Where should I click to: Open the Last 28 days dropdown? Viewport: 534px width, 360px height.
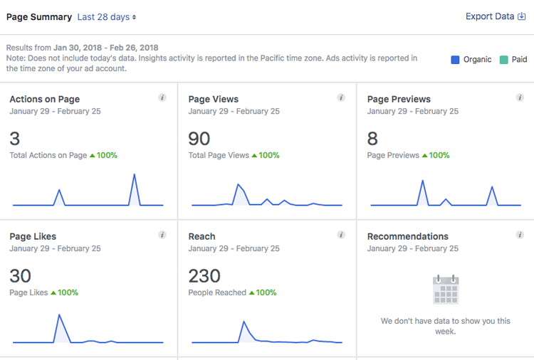click(107, 16)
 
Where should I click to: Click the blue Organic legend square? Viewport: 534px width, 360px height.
click(455, 60)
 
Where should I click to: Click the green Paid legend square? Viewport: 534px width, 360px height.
click(503, 60)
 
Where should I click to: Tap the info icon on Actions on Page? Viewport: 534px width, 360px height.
click(162, 97)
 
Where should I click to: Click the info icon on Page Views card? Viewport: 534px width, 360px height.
click(341, 97)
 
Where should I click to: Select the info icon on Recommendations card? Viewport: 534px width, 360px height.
click(520, 235)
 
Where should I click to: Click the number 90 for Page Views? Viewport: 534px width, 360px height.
click(199, 138)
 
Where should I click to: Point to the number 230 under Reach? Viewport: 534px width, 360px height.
click(204, 275)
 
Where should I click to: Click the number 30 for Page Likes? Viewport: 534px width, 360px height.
click(20, 275)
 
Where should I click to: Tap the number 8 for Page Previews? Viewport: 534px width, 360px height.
click(372, 138)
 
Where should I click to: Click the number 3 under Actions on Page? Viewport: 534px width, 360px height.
click(15, 138)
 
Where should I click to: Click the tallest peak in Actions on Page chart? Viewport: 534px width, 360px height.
click(134, 174)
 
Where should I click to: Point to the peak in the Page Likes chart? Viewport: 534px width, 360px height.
click(59, 314)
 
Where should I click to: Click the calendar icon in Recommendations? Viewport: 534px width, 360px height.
click(446, 290)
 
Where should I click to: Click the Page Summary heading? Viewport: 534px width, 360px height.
click(38, 16)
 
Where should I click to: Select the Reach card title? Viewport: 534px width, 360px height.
click(201, 236)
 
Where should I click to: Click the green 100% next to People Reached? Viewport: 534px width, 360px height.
click(268, 292)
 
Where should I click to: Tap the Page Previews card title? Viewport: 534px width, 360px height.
click(399, 99)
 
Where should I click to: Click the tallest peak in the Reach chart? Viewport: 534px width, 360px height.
click(244, 322)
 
